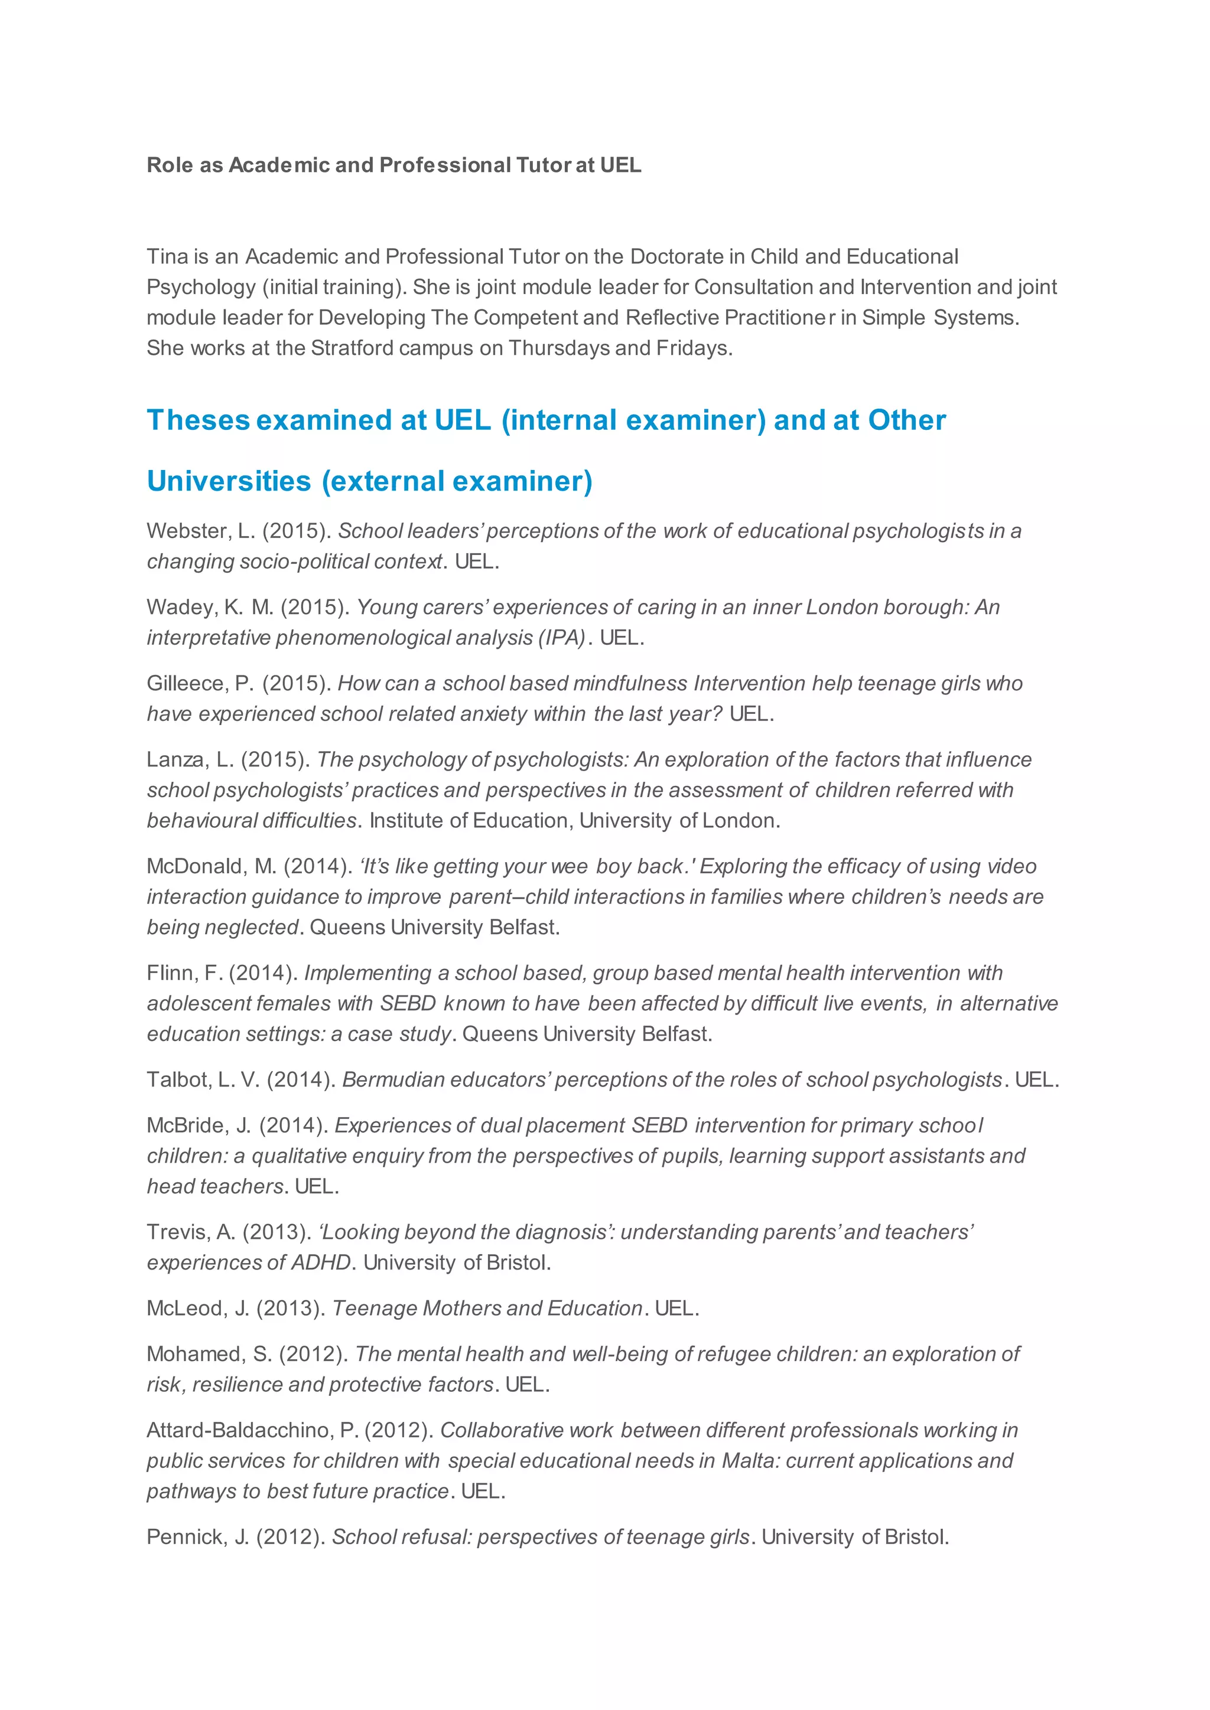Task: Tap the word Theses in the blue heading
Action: [197, 421]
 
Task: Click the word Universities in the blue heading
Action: [229, 482]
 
